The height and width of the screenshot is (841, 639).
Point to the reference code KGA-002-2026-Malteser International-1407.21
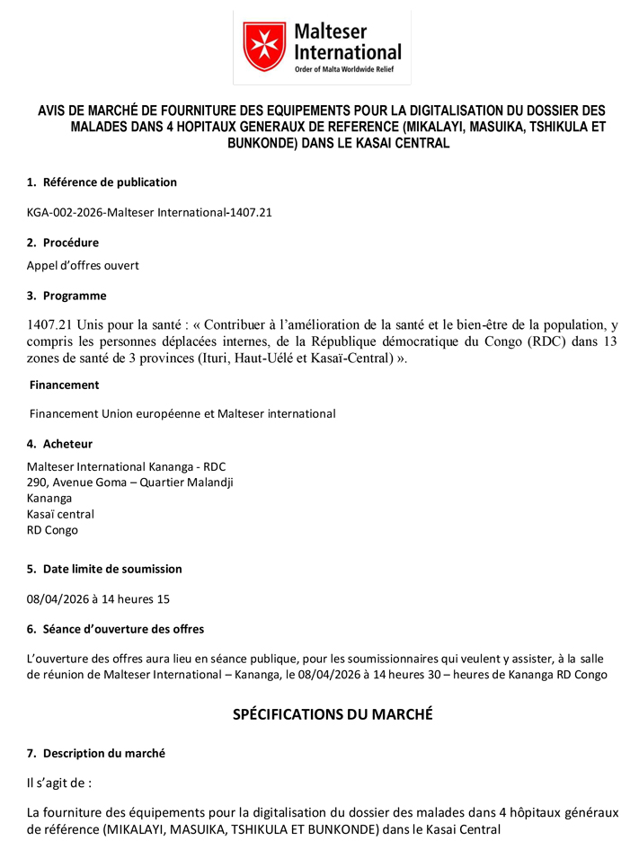(x=149, y=212)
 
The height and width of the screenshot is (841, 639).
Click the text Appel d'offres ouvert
(x=83, y=265)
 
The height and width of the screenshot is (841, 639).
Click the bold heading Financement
(x=65, y=385)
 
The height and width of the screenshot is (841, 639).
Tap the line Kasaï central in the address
(x=60, y=514)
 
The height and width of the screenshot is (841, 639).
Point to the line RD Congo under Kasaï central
(x=52, y=530)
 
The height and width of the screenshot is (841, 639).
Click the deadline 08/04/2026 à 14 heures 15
(x=98, y=598)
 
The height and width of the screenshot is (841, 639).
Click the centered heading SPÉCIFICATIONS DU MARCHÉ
(x=333, y=714)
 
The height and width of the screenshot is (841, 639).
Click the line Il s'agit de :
(x=59, y=783)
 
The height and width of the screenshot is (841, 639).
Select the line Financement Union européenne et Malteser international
(x=182, y=414)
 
